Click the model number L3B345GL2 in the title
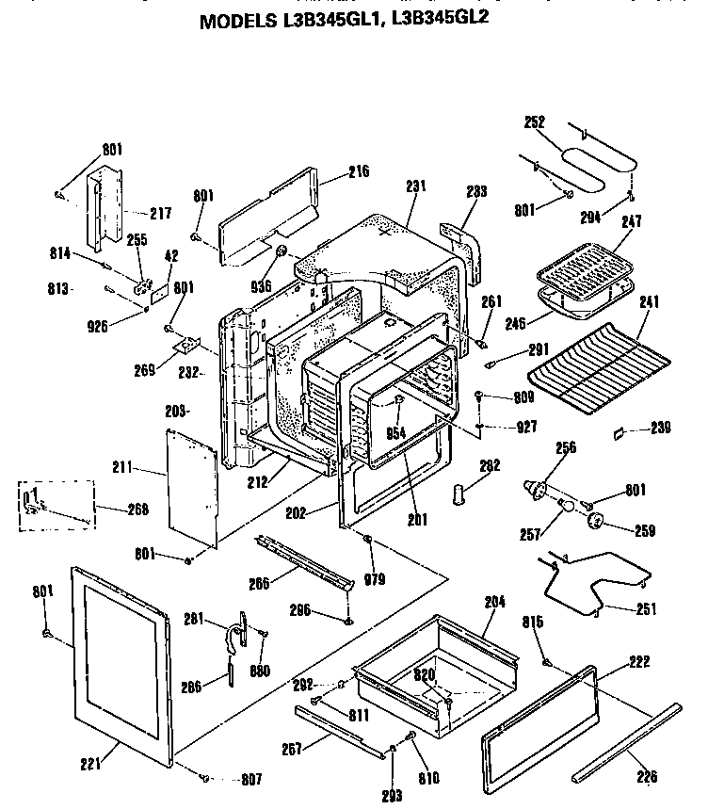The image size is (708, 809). coord(446,18)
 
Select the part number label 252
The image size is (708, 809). coord(535,121)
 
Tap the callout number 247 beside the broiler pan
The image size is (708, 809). coord(631,222)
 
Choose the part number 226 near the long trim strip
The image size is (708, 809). coord(645,777)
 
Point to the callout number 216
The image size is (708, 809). coord(331,171)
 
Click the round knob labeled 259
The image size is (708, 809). coord(595,522)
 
